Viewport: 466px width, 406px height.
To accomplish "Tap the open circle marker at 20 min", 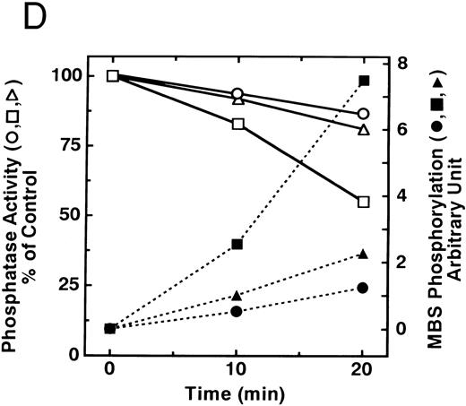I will coord(363,114).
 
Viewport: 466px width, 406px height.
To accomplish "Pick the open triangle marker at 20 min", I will coord(363,130).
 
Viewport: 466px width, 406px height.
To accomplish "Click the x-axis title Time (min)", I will coord(236,393).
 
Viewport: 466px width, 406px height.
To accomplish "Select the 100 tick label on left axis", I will coord(58,75).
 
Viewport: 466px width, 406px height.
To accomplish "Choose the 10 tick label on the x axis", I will coord(237,369).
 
